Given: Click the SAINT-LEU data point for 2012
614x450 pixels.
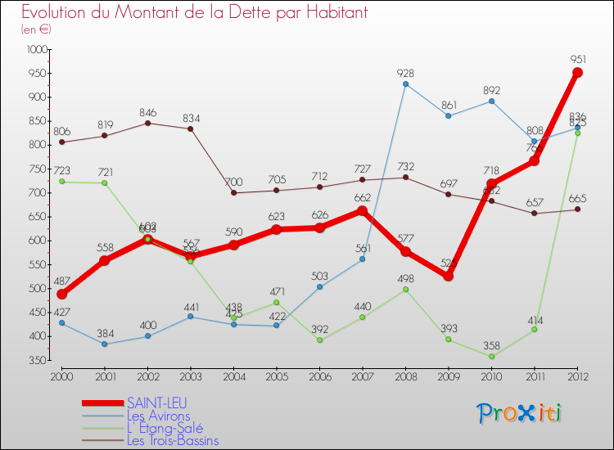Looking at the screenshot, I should click(x=577, y=73).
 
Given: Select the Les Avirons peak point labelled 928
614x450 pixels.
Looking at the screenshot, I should click(x=405, y=83).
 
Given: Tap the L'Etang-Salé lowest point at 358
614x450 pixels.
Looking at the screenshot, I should click(x=491, y=357).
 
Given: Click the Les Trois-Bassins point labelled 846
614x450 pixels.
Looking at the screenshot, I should click(x=147, y=123).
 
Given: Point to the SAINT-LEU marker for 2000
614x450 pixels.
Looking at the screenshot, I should click(x=61, y=295).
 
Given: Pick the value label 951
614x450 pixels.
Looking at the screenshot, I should click(x=577, y=59).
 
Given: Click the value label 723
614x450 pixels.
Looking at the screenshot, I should click(x=62, y=169).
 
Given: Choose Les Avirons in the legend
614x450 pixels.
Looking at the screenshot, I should click(x=158, y=416).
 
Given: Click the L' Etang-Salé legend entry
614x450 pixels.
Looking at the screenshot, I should click(x=164, y=428).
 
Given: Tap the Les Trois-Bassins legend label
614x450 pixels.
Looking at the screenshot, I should click(x=172, y=440).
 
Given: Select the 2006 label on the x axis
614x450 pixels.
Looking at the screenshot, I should click(x=319, y=376).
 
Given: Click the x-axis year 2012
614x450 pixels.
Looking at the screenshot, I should click(x=577, y=376).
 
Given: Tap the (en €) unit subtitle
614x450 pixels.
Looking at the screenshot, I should click(x=36, y=29).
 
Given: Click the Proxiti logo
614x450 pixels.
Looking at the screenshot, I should click(x=520, y=413).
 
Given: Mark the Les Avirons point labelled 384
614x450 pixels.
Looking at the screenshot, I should click(x=105, y=344).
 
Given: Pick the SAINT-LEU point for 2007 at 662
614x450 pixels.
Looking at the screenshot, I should click(x=363, y=211).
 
